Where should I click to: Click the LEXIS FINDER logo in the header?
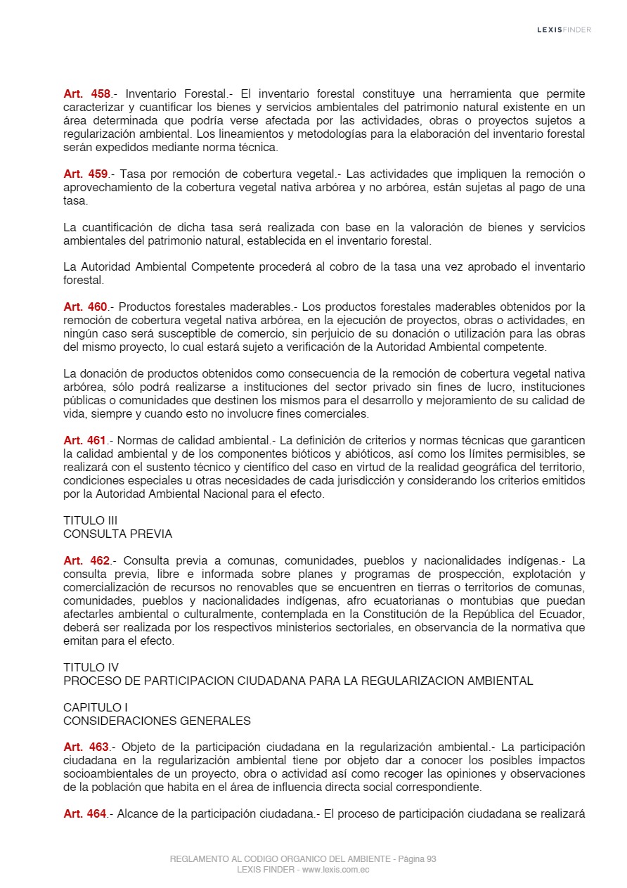click(564, 30)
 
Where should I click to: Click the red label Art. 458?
click(86, 94)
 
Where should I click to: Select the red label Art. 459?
click(86, 174)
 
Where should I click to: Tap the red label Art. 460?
click(86, 307)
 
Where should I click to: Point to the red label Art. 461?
click(85, 441)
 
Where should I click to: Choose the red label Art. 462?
click(86, 561)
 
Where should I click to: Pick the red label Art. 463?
click(86, 747)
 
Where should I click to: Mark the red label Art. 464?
click(85, 814)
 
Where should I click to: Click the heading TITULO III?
click(90, 520)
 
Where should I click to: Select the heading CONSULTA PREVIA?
click(117, 534)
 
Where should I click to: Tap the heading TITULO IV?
click(91, 667)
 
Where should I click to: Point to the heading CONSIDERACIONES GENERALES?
click(157, 721)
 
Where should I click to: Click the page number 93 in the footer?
click(431, 859)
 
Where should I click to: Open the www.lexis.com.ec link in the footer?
click(335, 870)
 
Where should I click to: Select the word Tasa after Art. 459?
click(134, 174)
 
